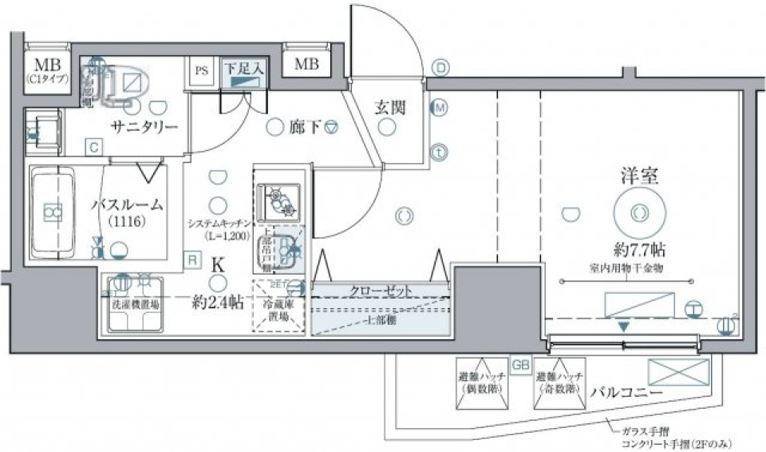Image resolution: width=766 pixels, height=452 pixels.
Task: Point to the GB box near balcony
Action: (520, 363)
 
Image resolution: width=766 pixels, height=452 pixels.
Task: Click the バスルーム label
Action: (127, 205)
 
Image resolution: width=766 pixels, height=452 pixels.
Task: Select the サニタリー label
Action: (144, 126)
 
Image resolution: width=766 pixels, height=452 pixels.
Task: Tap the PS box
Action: (202, 70)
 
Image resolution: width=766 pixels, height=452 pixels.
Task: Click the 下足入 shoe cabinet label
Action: (243, 69)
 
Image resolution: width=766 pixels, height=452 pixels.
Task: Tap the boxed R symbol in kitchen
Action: (192, 259)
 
